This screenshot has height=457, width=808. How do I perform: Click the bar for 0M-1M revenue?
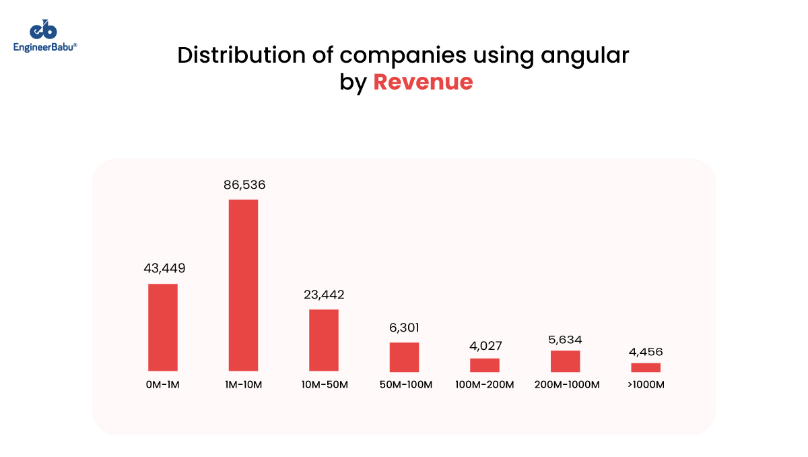pyautogui.click(x=163, y=327)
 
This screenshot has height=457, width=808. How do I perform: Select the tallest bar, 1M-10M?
pyautogui.click(x=243, y=285)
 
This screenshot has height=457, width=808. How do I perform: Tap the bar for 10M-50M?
pyautogui.click(x=324, y=340)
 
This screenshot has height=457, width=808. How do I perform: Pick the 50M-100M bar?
pyautogui.click(x=404, y=357)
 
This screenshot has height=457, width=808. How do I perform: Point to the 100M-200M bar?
pyautogui.click(x=485, y=365)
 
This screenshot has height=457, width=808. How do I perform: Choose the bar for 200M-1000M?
pyautogui.click(x=565, y=361)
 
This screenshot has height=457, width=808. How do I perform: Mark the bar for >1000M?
pyautogui.click(x=646, y=367)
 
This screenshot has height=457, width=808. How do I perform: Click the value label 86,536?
pyautogui.click(x=244, y=184)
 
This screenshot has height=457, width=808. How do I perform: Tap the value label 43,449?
pyautogui.click(x=164, y=268)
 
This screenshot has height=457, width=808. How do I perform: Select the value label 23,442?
pyautogui.click(x=324, y=295)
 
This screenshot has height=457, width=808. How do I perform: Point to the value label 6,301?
pyautogui.click(x=404, y=328)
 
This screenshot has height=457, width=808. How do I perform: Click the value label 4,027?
pyautogui.click(x=485, y=346)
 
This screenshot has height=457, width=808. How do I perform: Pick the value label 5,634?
pyautogui.click(x=565, y=339)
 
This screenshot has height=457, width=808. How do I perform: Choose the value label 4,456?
pyautogui.click(x=646, y=352)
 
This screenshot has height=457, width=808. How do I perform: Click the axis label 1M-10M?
pyautogui.click(x=243, y=385)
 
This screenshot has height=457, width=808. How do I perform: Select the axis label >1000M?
pyautogui.click(x=646, y=385)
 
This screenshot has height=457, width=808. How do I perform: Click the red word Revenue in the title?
pyautogui.click(x=423, y=82)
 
